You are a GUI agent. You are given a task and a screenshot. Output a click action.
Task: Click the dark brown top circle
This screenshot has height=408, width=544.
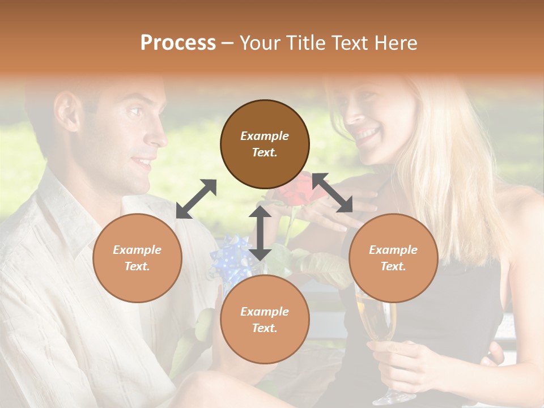click(265, 144)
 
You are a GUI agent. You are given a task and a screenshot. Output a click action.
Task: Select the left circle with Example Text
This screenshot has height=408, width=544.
click(137, 258)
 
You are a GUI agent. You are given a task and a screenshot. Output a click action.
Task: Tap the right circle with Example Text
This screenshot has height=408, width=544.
click(393, 258)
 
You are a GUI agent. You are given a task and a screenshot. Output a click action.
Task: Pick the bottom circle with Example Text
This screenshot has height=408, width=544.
click(265, 320)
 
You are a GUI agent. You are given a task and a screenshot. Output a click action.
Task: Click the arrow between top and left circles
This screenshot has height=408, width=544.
click(196, 199)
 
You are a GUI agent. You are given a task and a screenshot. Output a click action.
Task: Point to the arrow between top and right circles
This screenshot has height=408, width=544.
click(333, 193)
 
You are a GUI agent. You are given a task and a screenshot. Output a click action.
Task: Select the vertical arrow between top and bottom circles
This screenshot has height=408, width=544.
click(260, 233)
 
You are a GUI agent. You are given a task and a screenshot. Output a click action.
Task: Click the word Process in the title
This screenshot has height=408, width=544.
click(178, 42)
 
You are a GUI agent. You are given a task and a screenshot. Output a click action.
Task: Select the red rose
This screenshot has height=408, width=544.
click(300, 190)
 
